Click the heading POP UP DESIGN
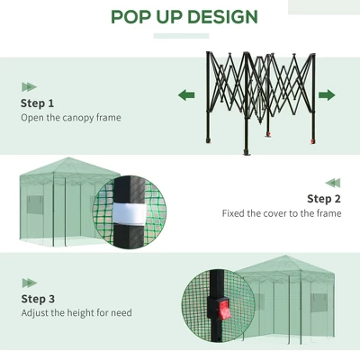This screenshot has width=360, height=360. pyautogui.click(x=184, y=17)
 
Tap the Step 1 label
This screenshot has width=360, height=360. pyautogui.click(x=38, y=103)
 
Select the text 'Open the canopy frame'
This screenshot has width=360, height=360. pyautogui.click(x=70, y=118)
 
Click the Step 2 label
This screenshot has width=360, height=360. pyautogui.click(x=324, y=199)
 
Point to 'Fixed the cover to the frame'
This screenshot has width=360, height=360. pyautogui.click(x=282, y=214)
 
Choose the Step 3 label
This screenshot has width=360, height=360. pyautogui.click(x=38, y=299)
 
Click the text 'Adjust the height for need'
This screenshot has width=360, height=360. pyautogui.click(x=76, y=313)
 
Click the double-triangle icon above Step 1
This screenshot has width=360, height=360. pyautogui.click(x=29, y=86)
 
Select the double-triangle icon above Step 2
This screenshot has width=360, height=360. pyautogui.click(x=333, y=183)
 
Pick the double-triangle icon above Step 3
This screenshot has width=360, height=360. pyautogui.click(x=29, y=283)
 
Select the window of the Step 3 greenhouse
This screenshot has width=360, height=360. pyautogui.click(x=319, y=302)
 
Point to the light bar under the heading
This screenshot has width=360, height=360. pyautogui.click(x=183, y=37)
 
